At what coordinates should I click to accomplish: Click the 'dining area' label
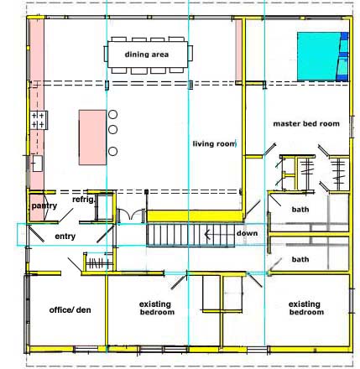pyautogui.click(x=147, y=55)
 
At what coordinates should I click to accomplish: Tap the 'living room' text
pyautogui.click(x=214, y=143)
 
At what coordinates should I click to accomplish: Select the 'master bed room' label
pyautogui.click(x=306, y=123)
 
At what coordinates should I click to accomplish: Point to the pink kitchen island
pyautogui.click(x=92, y=138)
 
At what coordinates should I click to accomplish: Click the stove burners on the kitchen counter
pyautogui.click(x=38, y=120)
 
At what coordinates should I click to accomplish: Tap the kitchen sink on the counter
pyautogui.click(x=38, y=164)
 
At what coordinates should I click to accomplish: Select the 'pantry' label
pyautogui.click(x=44, y=206)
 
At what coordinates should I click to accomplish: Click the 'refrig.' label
pyautogui.click(x=84, y=200)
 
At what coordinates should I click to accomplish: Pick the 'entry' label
pyautogui.click(x=65, y=236)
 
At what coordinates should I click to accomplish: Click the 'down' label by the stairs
pyautogui.click(x=247, y=233)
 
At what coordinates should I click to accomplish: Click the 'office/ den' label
pyautogui.click(x=70, y=310)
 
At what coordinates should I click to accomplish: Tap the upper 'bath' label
pyautogui.click(x=300, y=210)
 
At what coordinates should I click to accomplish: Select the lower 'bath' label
pyautogui.click(x=300, y=259)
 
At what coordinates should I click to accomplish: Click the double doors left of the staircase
pyautogui.click(x=132, y=216)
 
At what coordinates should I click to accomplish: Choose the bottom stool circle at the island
pyautogui.click(x=112, y=151)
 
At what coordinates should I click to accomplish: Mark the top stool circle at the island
pyautogui.click(x=112, y=114)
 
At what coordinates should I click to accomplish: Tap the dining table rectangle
pyautogui.click(x=148, y=55)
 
